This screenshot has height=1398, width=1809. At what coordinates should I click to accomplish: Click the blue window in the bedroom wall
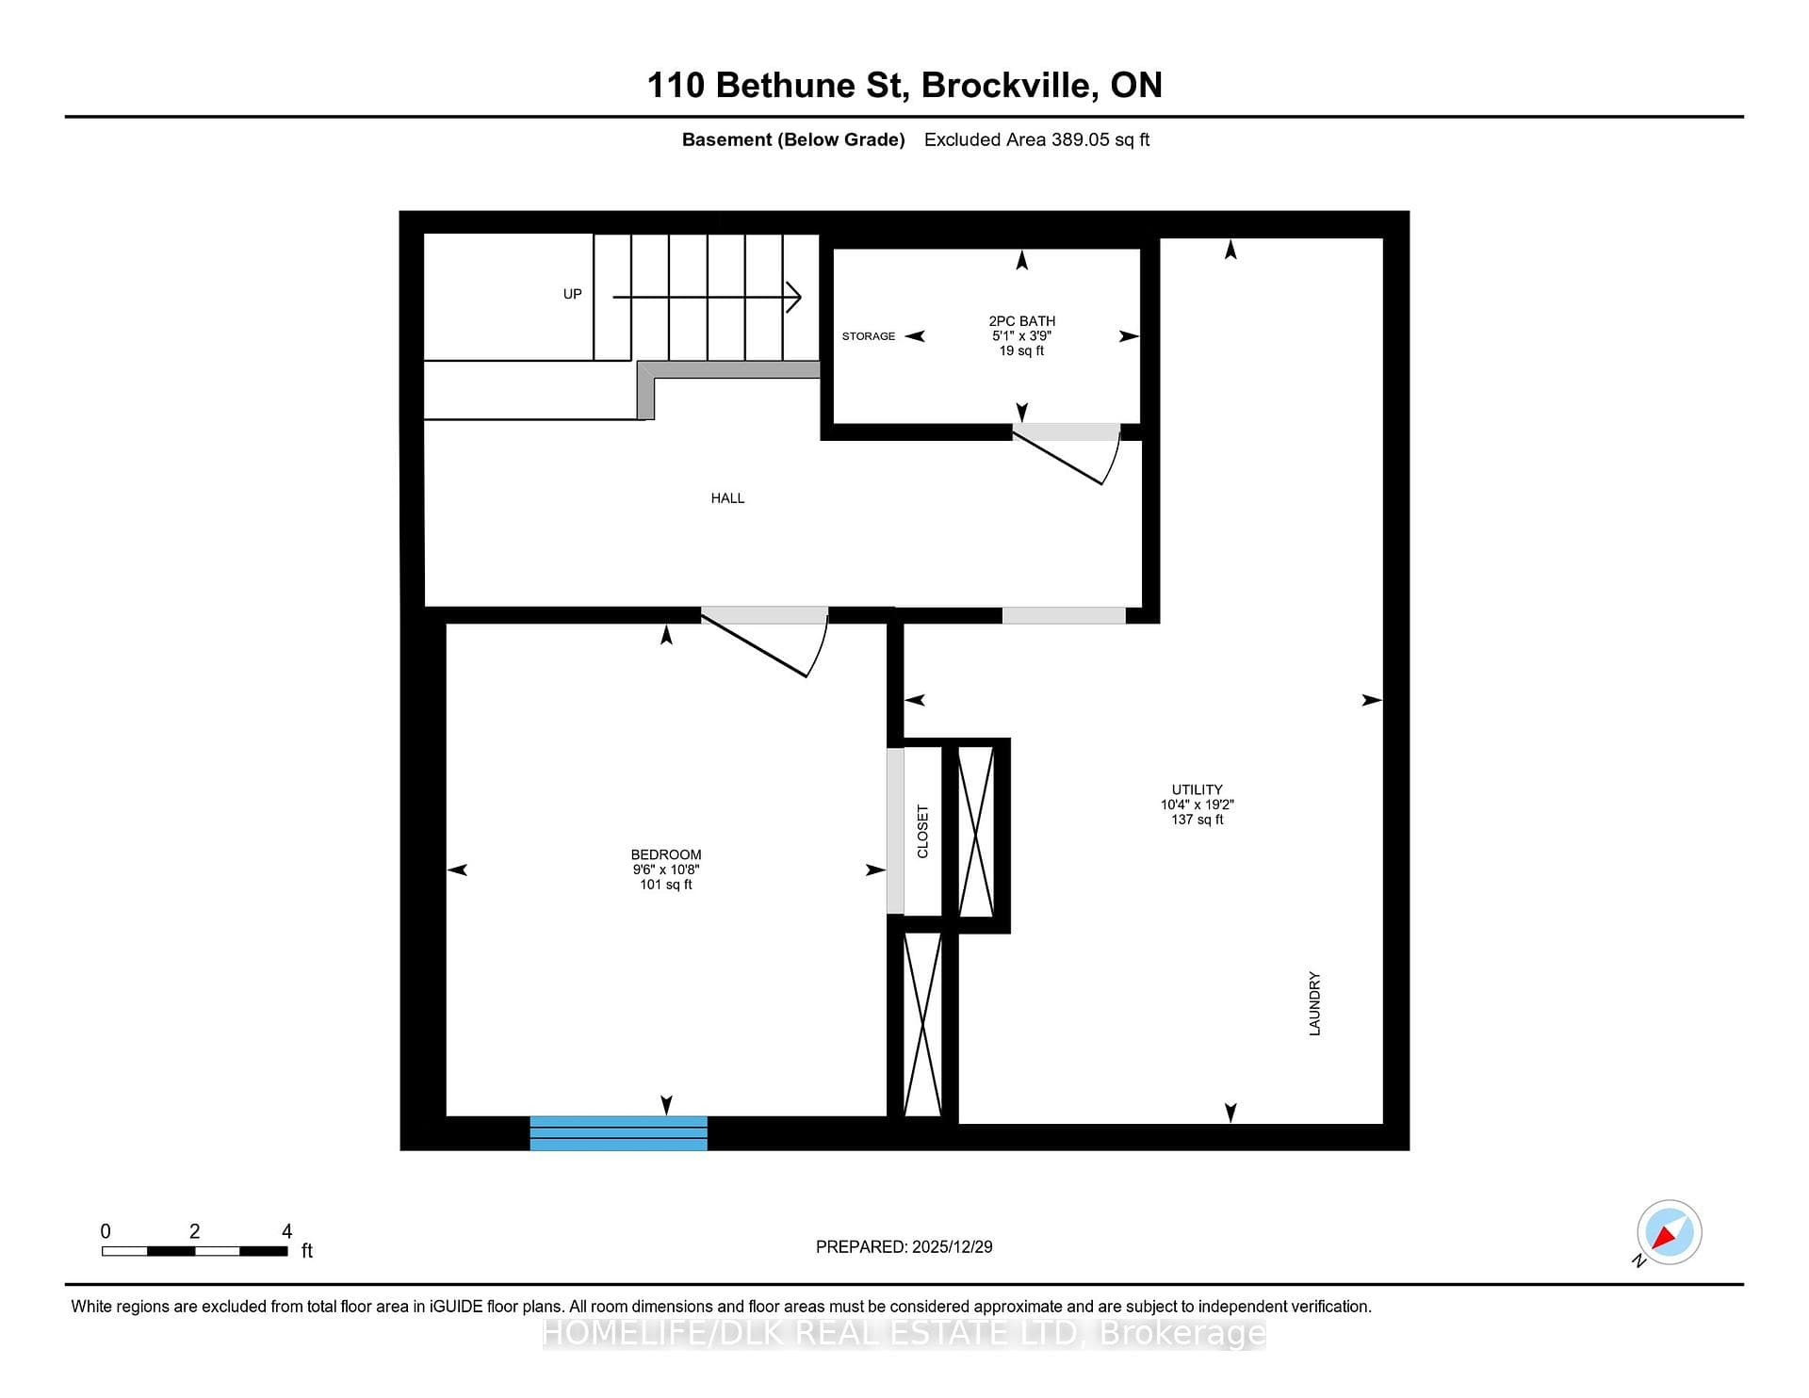pyautogui.click(x=618, y=1132)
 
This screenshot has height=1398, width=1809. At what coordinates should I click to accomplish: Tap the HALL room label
pyautogui.click(x=727, y=498)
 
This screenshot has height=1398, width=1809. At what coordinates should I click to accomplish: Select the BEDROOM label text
pyautogui.click(x=666, y=855)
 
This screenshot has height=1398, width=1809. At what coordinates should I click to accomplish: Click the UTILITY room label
pyautogui.click(x=1197, y=790)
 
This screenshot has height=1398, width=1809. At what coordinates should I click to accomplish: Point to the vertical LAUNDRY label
pyautogui.click(x=1314, y=1004)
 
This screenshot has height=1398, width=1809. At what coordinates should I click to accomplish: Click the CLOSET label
pyautogui.click(x=922, y=832)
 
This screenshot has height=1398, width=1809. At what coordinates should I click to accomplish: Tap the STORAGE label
pyautogui.click(x=869, y=336)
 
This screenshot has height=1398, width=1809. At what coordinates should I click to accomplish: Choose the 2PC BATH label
pyautogui.click(x=1021, y=321)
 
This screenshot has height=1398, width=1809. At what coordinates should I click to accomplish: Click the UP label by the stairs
pyautogui.click(x=573, y=294)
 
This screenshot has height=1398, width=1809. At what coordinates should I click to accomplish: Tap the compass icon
pyautogui.click(x=1669, y=1232)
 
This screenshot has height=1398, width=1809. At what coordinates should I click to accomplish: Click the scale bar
pyautogui.click(x=195, y=1251)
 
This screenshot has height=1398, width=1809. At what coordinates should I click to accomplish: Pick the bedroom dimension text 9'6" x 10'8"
pyautogui.click(x=666, y=870)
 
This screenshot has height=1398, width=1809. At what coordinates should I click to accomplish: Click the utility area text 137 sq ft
pyautogui.click(x=1197, y=820)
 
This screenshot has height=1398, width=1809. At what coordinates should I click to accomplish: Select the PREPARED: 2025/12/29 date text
pyautogui.click(x=904, y=1246)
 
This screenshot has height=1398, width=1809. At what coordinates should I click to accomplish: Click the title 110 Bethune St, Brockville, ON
pyautogui.click(x=904, y=86)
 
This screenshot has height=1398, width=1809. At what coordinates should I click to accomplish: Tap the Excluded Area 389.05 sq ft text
pyautogui.click(x=1036, y=139)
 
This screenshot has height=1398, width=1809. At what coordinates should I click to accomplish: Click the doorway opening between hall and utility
pyautogui.click(x=1064, y=615)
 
